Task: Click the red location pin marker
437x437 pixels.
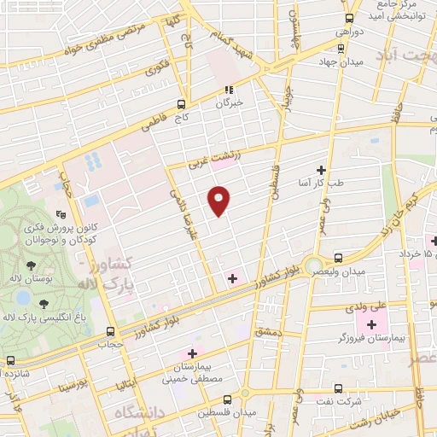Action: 219,200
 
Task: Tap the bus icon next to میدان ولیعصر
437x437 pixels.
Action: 339,258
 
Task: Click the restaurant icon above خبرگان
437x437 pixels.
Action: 228,89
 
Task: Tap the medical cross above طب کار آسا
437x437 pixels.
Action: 322,170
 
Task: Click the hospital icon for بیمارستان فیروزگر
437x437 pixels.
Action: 371,326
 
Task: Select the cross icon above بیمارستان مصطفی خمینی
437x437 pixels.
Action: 192,353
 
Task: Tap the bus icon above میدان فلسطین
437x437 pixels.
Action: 227,399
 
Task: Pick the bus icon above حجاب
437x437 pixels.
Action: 110,331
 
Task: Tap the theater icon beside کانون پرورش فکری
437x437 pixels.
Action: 60,215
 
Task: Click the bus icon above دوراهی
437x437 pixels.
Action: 349,18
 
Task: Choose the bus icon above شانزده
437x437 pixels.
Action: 10,361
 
